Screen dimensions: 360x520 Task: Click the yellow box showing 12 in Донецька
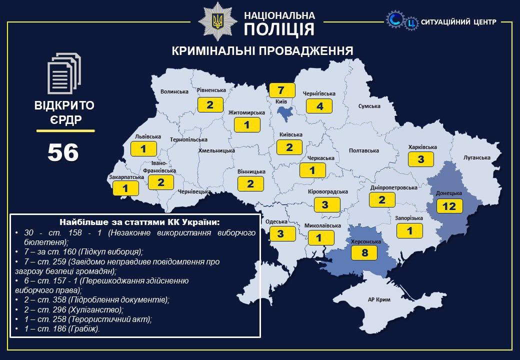449,205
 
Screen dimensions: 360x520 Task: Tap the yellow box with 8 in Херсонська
364,252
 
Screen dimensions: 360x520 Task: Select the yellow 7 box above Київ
281,90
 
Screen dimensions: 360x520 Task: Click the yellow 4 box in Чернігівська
319,106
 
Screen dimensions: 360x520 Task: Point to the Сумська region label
369,106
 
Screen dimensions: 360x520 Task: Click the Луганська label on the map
476,157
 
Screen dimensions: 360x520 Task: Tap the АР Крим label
378,299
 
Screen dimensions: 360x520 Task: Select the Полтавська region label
363,150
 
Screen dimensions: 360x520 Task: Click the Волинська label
174,91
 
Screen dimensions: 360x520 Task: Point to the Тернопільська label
188,140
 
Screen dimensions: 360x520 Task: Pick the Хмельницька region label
216,150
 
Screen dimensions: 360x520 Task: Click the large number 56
63,152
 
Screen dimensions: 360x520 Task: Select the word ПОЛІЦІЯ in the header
279,29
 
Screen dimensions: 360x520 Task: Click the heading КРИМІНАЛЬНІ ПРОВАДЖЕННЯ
262,51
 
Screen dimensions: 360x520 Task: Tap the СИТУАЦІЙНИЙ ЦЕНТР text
458,22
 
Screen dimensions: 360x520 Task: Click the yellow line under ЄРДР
65,130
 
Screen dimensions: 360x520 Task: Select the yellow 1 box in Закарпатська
125,188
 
